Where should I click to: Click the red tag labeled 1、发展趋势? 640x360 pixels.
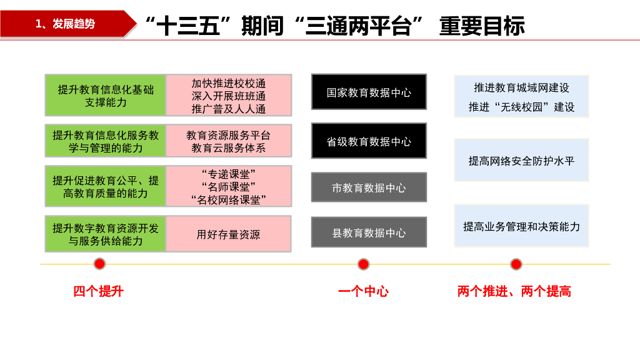click(66, 24)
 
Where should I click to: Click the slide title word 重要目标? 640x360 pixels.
click(482, 26)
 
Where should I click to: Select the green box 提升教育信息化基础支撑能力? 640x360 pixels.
click(106, 96)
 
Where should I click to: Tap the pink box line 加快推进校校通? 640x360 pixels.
click(229, 84)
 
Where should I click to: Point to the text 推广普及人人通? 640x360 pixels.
click(229, 109)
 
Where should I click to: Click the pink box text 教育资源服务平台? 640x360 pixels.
click(229, 135)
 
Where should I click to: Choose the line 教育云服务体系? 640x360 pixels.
click(229, 148)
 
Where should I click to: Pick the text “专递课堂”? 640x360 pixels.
click(229, 173)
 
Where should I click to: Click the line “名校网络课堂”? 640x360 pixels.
click(229, 199)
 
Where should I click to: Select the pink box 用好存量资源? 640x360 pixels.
click(229, 234)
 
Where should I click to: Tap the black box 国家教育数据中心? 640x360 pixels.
click(369, 92)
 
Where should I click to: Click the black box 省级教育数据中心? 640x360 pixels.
click(369, 141)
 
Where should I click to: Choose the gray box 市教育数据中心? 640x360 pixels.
click(369, 187)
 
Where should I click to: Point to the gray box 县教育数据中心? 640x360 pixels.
click(369, 232)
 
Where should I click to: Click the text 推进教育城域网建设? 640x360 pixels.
click(521, 87)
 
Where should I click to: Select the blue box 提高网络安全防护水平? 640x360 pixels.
click(521, 161)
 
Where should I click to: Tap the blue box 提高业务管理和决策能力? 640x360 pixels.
click(521, 226)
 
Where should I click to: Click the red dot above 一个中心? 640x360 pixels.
click(363, 264)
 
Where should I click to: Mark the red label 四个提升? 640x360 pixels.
click(99, 291)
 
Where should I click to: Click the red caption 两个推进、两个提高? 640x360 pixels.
click(514, 291)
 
